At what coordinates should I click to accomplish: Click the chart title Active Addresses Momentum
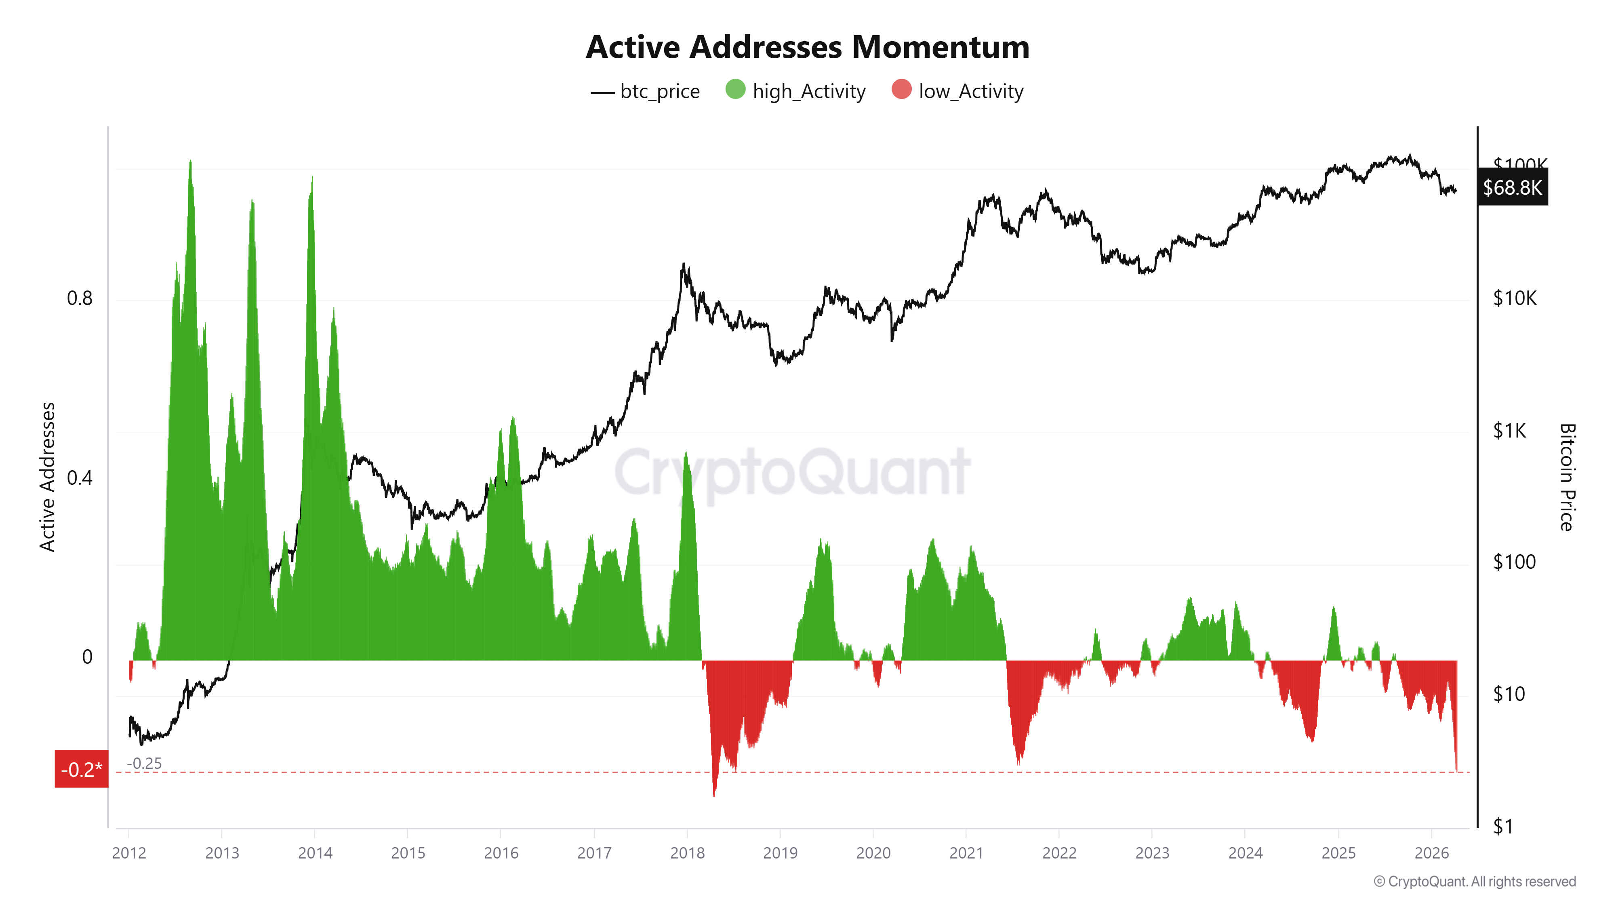point(807,47)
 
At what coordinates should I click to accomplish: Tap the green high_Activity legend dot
point(735,90)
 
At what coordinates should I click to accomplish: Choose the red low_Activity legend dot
point(901,90)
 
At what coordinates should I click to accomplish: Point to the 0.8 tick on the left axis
point(80,299)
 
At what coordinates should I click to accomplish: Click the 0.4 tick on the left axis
point(80,478)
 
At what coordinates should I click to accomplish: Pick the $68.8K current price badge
point(1512,187)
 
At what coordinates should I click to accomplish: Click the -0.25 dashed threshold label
point(144,764)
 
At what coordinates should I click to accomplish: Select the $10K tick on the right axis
point(1514,299)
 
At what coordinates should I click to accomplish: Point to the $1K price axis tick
point(1509,431)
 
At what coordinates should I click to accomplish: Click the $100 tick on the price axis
point(1514,562)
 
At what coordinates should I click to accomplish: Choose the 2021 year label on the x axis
point(966,853)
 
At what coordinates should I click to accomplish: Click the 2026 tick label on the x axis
point(1431,853)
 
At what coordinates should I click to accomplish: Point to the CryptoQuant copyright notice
point(1474,882)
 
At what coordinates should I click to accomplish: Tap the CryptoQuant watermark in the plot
point(792,472)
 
